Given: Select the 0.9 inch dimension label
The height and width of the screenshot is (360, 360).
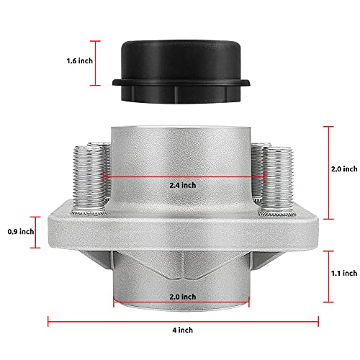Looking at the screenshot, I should point(14,231).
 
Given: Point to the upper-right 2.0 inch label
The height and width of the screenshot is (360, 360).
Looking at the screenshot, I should point(343,169).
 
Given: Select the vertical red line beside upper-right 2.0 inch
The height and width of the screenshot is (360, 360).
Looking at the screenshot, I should point(328,173).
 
